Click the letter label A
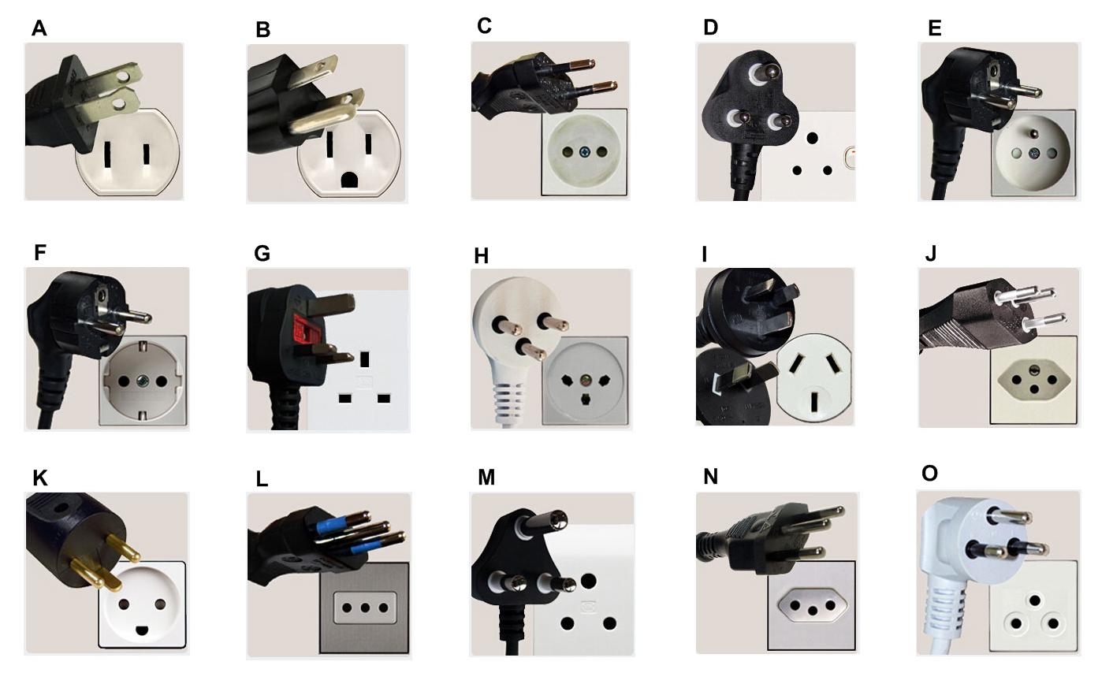39,28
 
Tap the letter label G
262,253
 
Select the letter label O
929,474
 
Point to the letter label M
486,478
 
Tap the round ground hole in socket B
349,180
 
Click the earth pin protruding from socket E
1034,134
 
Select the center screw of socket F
143,381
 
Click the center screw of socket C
584,152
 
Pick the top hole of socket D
813,138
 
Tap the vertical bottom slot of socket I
814,402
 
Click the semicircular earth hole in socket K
142,630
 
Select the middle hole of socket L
365,608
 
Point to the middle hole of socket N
813,611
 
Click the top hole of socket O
1034,601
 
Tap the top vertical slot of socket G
365,359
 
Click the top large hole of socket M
588,581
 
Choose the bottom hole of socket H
586,399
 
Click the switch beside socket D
850,158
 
